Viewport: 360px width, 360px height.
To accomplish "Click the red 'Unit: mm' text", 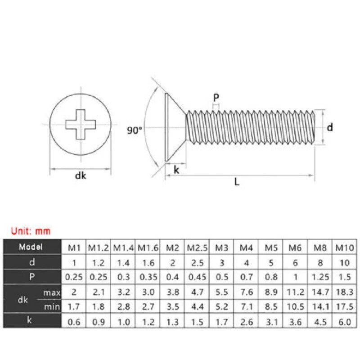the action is tap(31, 231).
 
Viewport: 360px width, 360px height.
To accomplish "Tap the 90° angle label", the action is tap(135, 130).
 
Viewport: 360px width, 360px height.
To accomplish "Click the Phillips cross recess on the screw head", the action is tap(81, 125).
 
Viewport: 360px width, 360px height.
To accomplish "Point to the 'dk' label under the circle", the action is tap(81, 175).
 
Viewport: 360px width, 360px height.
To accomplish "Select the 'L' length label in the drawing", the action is tap(237, 182).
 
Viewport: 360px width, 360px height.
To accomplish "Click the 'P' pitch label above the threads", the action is tap(216, 98).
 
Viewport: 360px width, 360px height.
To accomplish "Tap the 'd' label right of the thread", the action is tap(330, 127).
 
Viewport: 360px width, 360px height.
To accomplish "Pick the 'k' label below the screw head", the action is tap(176, 170).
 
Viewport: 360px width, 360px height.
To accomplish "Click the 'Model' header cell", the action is tap(31, 247).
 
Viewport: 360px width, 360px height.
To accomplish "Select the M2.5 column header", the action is tap(197, 248).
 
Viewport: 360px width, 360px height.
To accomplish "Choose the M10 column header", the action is tap(345, 248).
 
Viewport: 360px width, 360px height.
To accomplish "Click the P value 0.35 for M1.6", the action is tap(148, 277).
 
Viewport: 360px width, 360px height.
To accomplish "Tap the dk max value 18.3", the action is tap(345, 292).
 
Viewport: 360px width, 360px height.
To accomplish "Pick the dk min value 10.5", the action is tap(296, 306).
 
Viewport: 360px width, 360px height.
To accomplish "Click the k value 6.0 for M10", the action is tap(345, 322).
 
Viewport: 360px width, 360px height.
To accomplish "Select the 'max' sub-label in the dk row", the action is tap(52, 292).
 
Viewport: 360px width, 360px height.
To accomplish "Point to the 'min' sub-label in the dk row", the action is tap(52, 307).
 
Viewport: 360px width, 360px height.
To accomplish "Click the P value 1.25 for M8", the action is tap(320, 277).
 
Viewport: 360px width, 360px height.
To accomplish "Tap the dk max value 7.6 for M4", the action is tap(246, 292).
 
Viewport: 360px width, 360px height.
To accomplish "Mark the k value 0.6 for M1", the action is tap(74, 322).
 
